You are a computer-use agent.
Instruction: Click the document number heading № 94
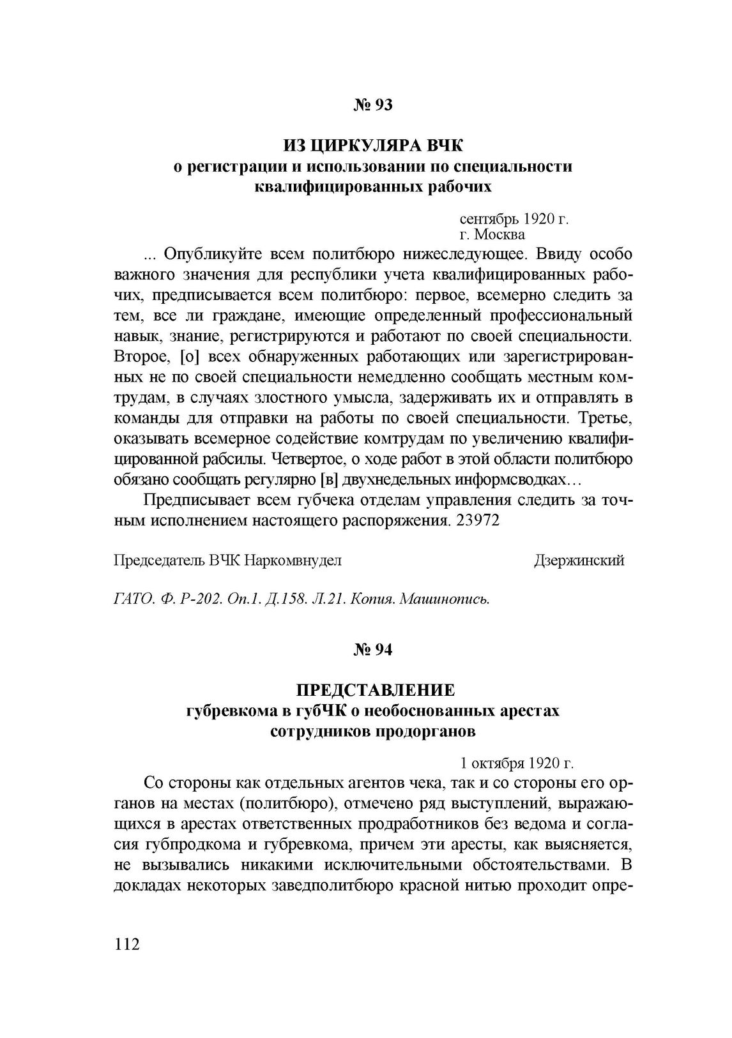point(373,650)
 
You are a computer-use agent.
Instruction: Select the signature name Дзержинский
point(579,560)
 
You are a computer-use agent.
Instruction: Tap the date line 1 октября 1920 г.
point(517,763)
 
